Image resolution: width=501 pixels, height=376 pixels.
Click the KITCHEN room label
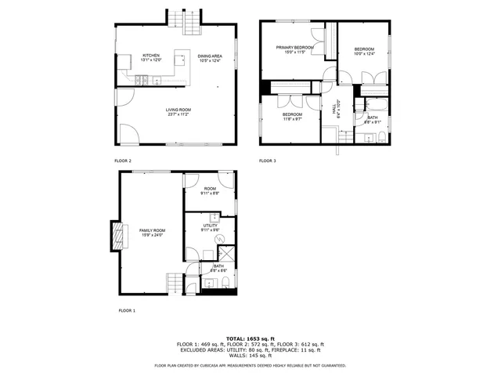coord(151,56)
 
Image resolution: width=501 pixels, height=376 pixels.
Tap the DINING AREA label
coord(210,56)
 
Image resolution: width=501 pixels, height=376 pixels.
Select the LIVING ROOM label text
coord(178,110)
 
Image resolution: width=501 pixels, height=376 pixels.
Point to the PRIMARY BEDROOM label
coord(294,48)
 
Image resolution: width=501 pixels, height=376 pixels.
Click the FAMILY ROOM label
coord(153,230)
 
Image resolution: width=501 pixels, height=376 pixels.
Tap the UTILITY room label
coord(209,225)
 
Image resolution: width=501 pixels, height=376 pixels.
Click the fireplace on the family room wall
coord(117,235)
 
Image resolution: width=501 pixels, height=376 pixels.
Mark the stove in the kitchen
coord(143,81)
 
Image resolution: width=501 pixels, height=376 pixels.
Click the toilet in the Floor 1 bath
coord(223,283)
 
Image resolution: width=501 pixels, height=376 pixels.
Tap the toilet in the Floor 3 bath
coord(380,139)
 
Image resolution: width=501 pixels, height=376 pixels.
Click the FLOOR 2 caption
coord(123,161)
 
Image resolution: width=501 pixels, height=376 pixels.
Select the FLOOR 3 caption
coord(268,161)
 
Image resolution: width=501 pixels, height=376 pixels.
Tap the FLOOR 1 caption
coord(127,310)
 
